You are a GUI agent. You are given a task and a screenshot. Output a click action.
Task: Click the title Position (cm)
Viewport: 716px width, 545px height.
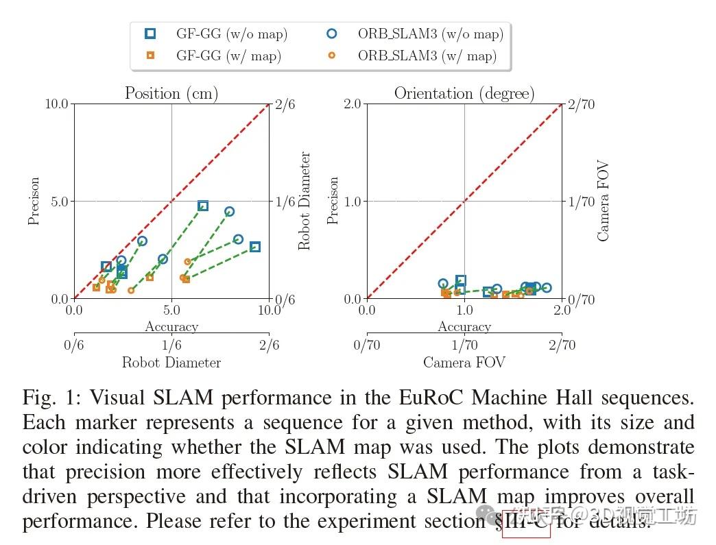[x=171, y=93]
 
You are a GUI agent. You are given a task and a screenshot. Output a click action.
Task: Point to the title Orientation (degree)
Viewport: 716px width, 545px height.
[x=464, y=93]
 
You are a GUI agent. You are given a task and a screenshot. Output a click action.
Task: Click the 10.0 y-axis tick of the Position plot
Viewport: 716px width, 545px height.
[x=56, y=104]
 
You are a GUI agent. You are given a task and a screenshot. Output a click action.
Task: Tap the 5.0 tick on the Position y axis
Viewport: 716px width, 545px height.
[x=59, y=202]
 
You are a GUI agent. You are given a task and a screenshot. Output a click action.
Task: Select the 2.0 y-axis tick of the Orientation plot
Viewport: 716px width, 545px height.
[x=352, y=104]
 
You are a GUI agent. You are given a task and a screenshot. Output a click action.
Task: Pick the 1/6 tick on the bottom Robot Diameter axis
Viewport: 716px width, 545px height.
[x=171, y=346]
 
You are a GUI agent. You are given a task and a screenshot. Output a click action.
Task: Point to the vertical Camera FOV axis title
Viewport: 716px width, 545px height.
[x=603, y=202]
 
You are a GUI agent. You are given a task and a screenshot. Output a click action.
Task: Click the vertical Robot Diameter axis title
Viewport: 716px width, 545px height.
[x=305, y=202]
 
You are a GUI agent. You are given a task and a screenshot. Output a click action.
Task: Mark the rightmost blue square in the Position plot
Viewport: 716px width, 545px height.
[x=255, y=247]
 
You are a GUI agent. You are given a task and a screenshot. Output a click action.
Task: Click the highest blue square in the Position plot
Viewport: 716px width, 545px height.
[x=203, y=206]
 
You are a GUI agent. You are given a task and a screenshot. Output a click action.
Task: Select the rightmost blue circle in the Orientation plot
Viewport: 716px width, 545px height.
[x=547, y=289]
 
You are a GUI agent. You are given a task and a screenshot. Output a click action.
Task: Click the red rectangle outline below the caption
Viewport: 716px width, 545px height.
[x=526, y=524]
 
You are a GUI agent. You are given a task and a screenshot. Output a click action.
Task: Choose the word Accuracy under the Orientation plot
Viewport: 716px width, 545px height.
[x=464, y=327]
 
